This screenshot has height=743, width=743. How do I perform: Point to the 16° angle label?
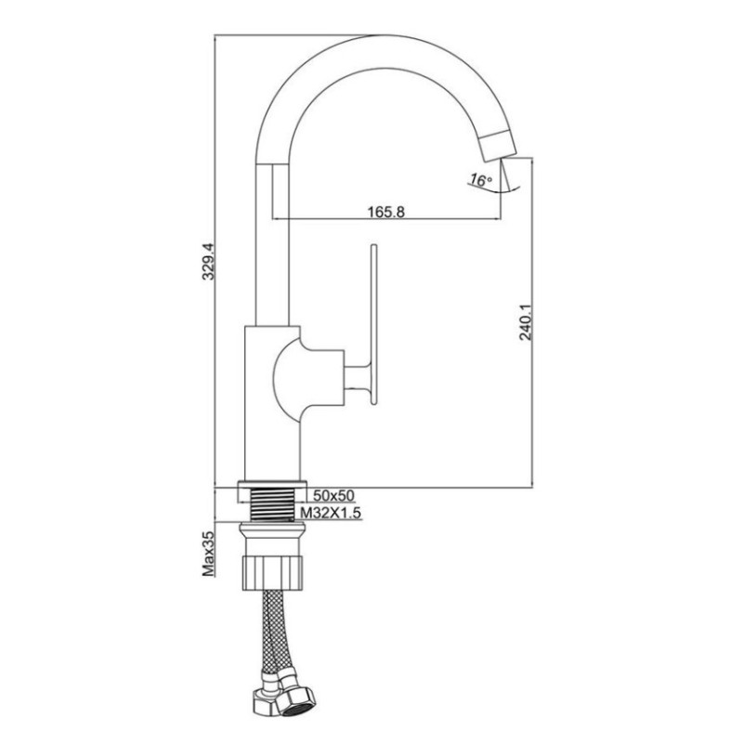480,180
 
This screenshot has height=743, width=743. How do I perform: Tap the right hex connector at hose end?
303,695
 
